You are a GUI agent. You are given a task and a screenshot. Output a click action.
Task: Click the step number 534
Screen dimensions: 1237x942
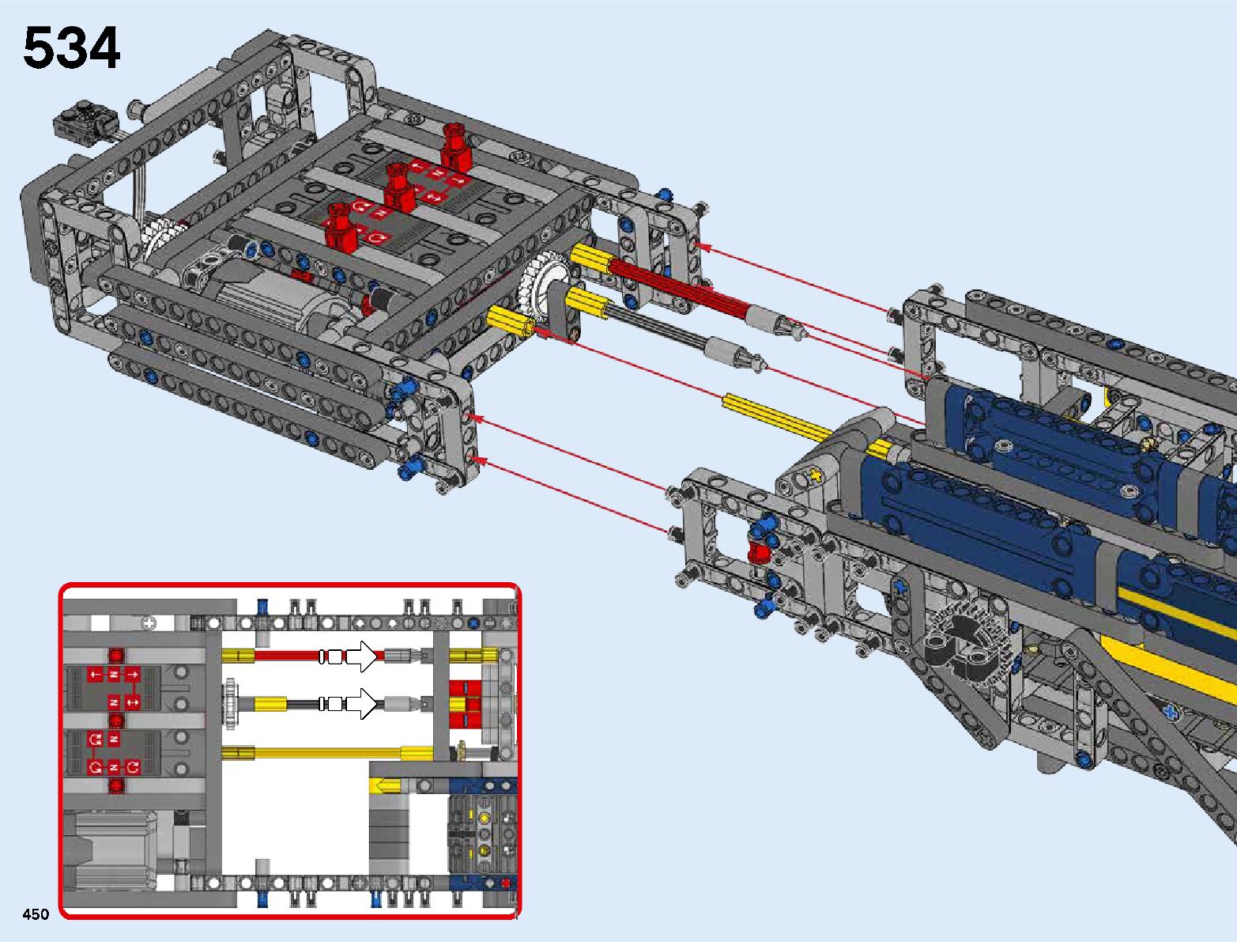coord(72,48)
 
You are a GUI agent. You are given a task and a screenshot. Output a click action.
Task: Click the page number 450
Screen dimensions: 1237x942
coord(36,914)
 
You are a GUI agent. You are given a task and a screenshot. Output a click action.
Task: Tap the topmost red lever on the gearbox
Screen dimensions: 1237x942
coord(455,148)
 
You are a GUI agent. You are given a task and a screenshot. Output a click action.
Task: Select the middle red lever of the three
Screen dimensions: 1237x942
coord(399,187)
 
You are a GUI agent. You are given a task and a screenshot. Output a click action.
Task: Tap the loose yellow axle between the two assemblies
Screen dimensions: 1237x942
coord(779,417)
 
